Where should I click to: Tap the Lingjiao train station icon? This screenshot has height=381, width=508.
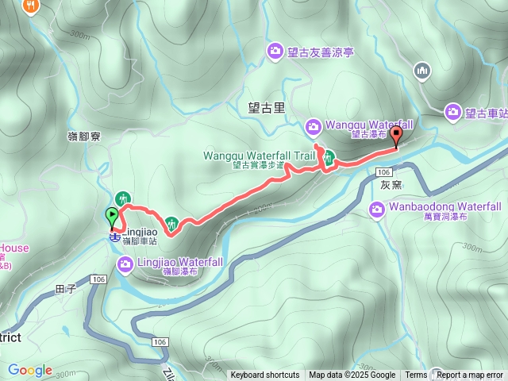coord(115,237)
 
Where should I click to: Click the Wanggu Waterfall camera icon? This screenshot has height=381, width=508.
coord(314,126)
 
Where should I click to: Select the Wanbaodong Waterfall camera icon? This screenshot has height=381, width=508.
coord(378,210)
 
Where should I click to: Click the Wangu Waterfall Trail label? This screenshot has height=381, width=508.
coord(248,156)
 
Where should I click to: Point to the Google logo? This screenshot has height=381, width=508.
coord(29,371)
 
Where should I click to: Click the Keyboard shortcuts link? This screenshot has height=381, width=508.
coord(264,375)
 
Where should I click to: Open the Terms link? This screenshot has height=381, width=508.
coord(416,375)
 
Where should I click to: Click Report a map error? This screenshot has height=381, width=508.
coord(470,375)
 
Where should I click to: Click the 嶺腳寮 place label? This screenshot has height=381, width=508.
coord(83,137)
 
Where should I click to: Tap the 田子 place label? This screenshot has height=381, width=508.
coord(65,290)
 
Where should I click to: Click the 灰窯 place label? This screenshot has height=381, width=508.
coord(391,186)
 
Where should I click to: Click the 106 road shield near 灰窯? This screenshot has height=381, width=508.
coord(384,172)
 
